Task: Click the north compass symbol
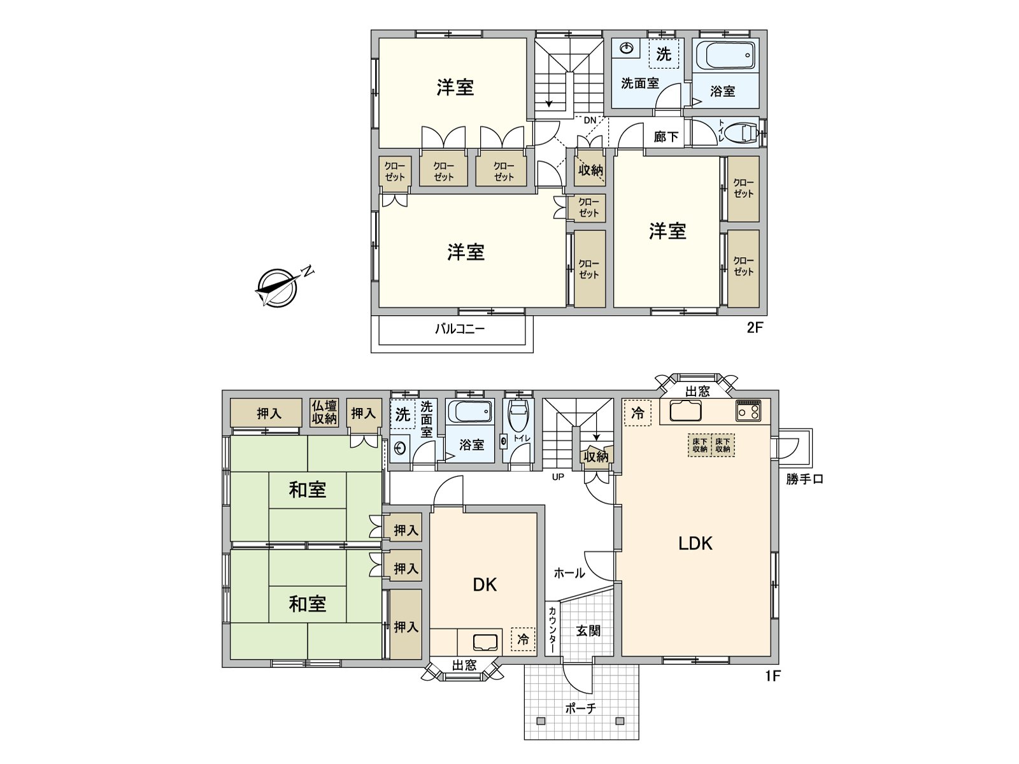(278, 288)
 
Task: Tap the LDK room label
(695, 543)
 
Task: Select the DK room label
(485, 584)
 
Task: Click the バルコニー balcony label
(460, 329)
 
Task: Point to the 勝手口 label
(804, 479)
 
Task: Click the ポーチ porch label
(580, 708)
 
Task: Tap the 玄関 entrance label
(588, 630)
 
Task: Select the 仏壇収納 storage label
(324, 413)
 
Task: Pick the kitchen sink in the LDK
(685, 411)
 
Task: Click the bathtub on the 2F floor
(725, 56)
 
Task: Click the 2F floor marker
(754, 328)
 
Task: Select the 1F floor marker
(772, 676)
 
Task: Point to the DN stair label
(590, 120)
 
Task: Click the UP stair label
(558, 477)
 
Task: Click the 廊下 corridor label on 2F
(666, 137)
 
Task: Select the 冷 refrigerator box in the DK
(523, 639)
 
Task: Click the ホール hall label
(569, 573)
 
